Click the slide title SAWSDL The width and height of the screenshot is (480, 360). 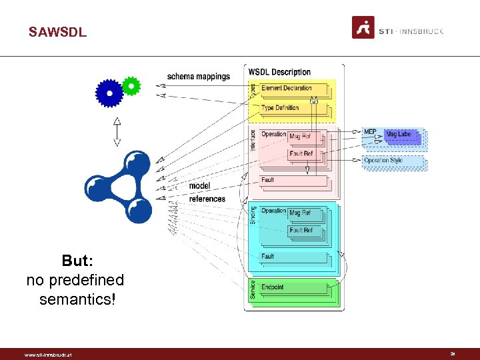[57, 32]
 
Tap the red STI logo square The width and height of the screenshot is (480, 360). [363, 28]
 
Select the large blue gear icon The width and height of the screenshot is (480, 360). [109, 93]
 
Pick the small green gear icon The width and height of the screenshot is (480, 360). [131, 85]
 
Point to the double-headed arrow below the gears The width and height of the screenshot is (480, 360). [117, 131]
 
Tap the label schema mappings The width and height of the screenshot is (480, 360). [198, 77]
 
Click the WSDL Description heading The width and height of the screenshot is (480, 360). [279, 72]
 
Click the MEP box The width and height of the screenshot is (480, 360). [370, 133]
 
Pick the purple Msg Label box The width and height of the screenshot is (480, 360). [400, 135]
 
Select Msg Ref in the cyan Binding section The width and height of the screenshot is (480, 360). [301, 213]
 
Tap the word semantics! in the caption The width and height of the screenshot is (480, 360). [77, 299]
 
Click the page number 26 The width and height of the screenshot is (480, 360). [453, 354]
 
